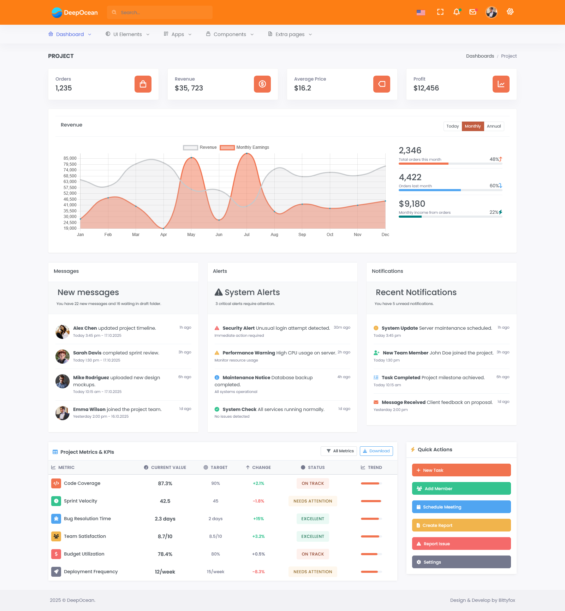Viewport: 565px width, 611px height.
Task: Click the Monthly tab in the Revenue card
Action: [x=472, y=126]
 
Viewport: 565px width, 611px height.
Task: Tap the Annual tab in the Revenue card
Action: [x=494, y=126]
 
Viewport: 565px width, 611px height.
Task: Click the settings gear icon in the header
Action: [x=510, y=12]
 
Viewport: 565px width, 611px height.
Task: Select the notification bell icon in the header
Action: [x=457, y=12]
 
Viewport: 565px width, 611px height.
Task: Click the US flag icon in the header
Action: [x=421, y=12]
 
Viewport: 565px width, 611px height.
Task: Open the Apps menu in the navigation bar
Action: [x=178, y=34]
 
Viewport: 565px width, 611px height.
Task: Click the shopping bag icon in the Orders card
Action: [x=143, y=84]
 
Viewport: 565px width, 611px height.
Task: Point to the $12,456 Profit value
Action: [x=426, y=88]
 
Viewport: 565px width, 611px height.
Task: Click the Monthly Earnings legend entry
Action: [x=244, y=147]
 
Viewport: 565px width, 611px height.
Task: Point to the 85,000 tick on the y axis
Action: [x=70, y=158]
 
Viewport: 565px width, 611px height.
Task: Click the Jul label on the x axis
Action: [x=246, y=235]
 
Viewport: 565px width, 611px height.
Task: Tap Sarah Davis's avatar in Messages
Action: [x=63, y=356]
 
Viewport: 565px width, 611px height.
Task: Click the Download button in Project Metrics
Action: [x=376, y=451]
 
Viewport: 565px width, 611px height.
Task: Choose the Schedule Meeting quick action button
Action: [x=461, y=507]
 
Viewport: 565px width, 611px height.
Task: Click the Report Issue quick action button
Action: [x=461, y=544]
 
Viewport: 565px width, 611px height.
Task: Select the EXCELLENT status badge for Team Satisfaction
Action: [x=313, y=536]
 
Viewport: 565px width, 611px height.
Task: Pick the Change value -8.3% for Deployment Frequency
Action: [x=258, y=572]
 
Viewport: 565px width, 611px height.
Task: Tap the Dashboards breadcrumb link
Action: [x=480, y=56]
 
